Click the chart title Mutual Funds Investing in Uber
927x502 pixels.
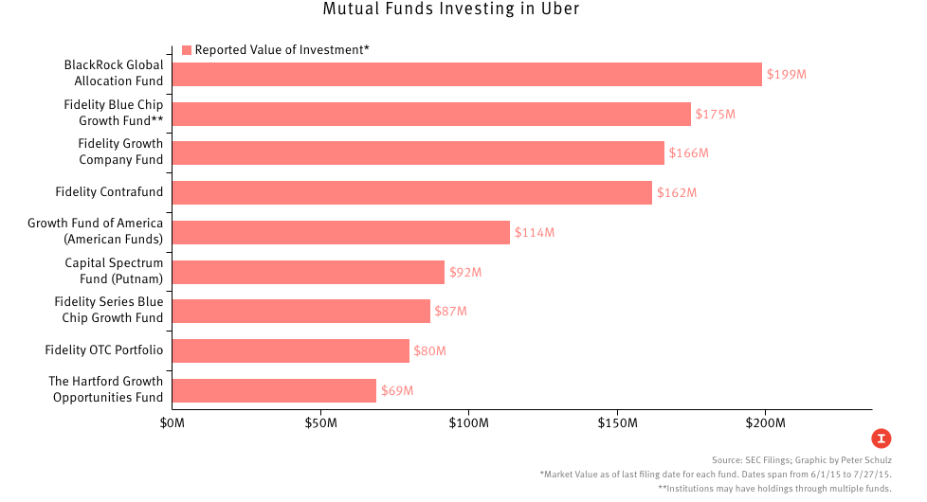pyautogui.click(x=463, y=10)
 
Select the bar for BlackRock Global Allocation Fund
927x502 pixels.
pyautogui.click(x=466, y=74)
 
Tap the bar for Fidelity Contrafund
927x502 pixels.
pyautogui.click(x=412, y=192)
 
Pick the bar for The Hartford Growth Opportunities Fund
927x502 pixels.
pyautogui.click(x=275, y=390)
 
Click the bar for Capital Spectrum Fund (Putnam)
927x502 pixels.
pyautogui.click(x=308, y=272)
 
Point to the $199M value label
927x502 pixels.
pyautogui.click(x=786, y=74)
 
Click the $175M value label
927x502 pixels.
pyautogui.click(x=715, y=114)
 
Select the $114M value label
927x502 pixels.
pyautogui.click(x=534, y=232)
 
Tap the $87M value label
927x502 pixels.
pyautogui.click(x=450, y=312)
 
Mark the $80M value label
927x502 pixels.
pyautogui.click(x=428, y=351)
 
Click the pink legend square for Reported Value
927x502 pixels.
pyautogui.click(x=187, y=50)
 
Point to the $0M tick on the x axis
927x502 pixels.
pyautogui.click(x=173, y=421)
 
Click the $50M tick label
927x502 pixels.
pyautogui.click(x=321, y=421)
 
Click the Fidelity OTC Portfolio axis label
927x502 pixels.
pyautogui.click(x=103, y=350)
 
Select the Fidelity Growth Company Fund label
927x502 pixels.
pyautogui.click(x=119, y=152)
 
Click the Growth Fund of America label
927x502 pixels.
pyautogui.click(x=95, y=231)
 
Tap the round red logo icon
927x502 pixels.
pyautogui.click(x=882, y=438)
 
